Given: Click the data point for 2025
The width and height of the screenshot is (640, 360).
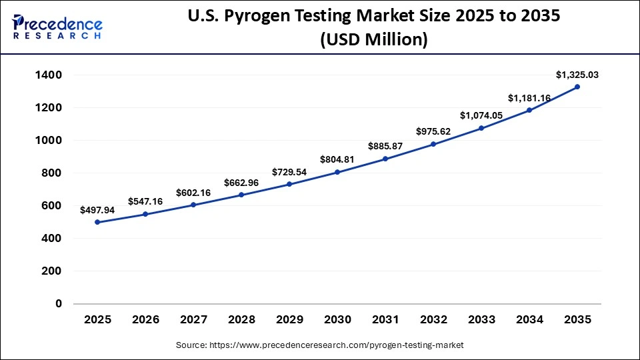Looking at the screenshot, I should point(98,222).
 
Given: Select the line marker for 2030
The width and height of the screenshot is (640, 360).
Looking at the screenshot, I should point(337,172).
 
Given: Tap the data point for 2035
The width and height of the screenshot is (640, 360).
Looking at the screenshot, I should point(577,87).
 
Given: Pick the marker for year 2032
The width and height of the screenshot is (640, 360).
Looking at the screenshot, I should point(433,144).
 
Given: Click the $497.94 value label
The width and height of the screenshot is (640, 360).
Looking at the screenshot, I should point(98,210).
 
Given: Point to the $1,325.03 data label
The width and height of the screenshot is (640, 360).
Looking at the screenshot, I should point(577,75).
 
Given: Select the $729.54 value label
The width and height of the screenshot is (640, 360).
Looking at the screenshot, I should point(289,172).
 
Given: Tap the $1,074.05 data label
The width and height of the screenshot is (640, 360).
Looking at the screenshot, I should point(481,115).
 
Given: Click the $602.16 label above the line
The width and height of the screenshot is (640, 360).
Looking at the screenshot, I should point(193,193).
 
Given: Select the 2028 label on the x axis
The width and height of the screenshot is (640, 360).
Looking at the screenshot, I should point(241,319).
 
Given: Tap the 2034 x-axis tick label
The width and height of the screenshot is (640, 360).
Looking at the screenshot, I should point(529,319).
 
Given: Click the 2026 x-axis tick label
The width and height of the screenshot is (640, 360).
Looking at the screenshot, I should point(146,319).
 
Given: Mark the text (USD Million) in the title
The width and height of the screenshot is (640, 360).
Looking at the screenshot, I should point(373,40).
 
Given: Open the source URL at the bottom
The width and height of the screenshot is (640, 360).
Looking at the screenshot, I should point(320,345).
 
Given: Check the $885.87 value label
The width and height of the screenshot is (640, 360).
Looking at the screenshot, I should point(385,146).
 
